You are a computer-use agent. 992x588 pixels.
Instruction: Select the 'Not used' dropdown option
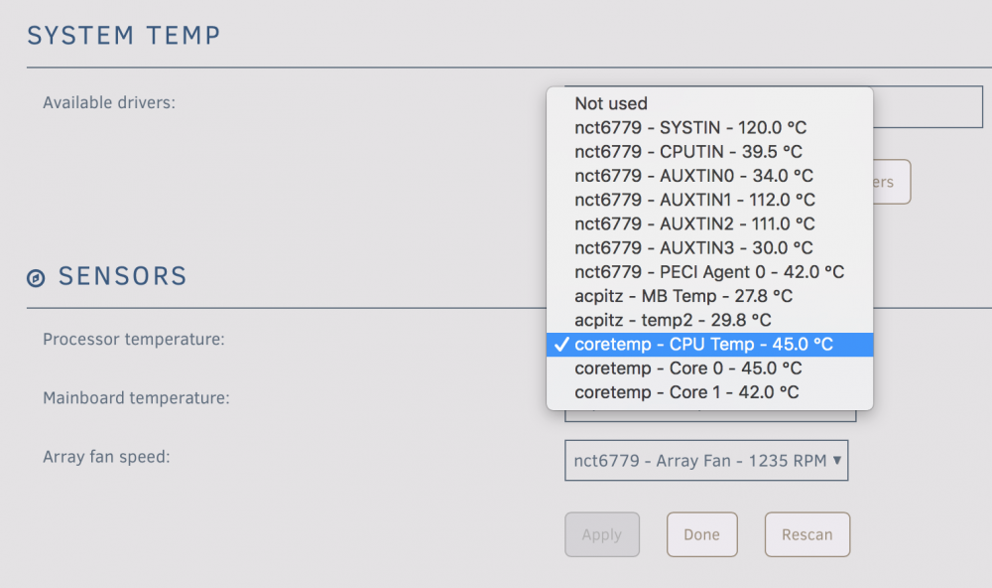(610, 103)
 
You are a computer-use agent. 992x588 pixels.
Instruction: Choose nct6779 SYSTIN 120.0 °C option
(690, 127)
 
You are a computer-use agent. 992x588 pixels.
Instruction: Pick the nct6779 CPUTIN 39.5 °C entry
(688, 151)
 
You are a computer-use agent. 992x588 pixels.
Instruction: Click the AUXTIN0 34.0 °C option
(693, 176)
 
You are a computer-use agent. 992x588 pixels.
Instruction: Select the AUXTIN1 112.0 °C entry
(694, 200)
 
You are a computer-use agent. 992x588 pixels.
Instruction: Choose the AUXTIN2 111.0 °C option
(694, 223)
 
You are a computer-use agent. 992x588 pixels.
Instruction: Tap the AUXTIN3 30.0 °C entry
(693, 247)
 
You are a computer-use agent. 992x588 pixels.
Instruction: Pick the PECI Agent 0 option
(709, 272)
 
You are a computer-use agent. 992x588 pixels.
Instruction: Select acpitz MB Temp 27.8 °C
(683, 296)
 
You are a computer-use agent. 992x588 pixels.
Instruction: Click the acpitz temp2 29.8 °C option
(673, 320)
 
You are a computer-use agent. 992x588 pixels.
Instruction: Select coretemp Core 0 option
(687, 368)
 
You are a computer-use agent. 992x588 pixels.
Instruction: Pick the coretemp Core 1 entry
(686, 392)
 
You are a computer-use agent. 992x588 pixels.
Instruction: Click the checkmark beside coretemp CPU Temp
(561, 344)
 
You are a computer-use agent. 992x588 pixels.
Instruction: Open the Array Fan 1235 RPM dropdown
(706, 461)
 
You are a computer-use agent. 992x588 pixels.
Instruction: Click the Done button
(701, 534)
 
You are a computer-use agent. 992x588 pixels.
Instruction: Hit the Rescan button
(807, 534)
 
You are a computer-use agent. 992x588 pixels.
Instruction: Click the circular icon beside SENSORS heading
(36, 277)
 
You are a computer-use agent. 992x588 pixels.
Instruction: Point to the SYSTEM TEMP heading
(124, 36)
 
